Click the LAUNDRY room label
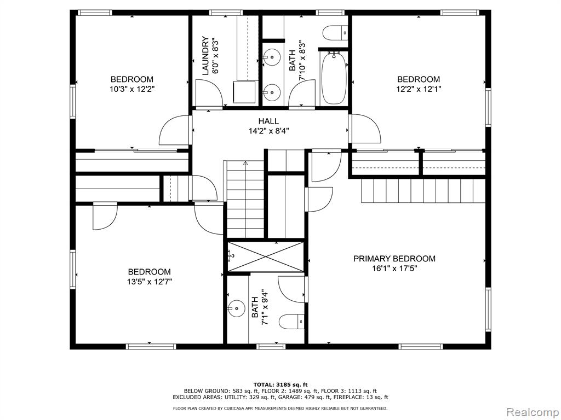point(205,56)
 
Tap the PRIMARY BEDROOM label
point(394,259)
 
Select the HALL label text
point(268,121)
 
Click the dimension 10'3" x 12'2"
point(131,89)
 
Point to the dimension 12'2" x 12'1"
point(419,89)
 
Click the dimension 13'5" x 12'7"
point(149,282)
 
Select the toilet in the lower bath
point(292,322)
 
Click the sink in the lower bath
point(237,308)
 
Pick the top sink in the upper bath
point(270,55)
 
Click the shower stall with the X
point(266,255)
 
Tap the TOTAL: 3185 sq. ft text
point(280,384)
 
